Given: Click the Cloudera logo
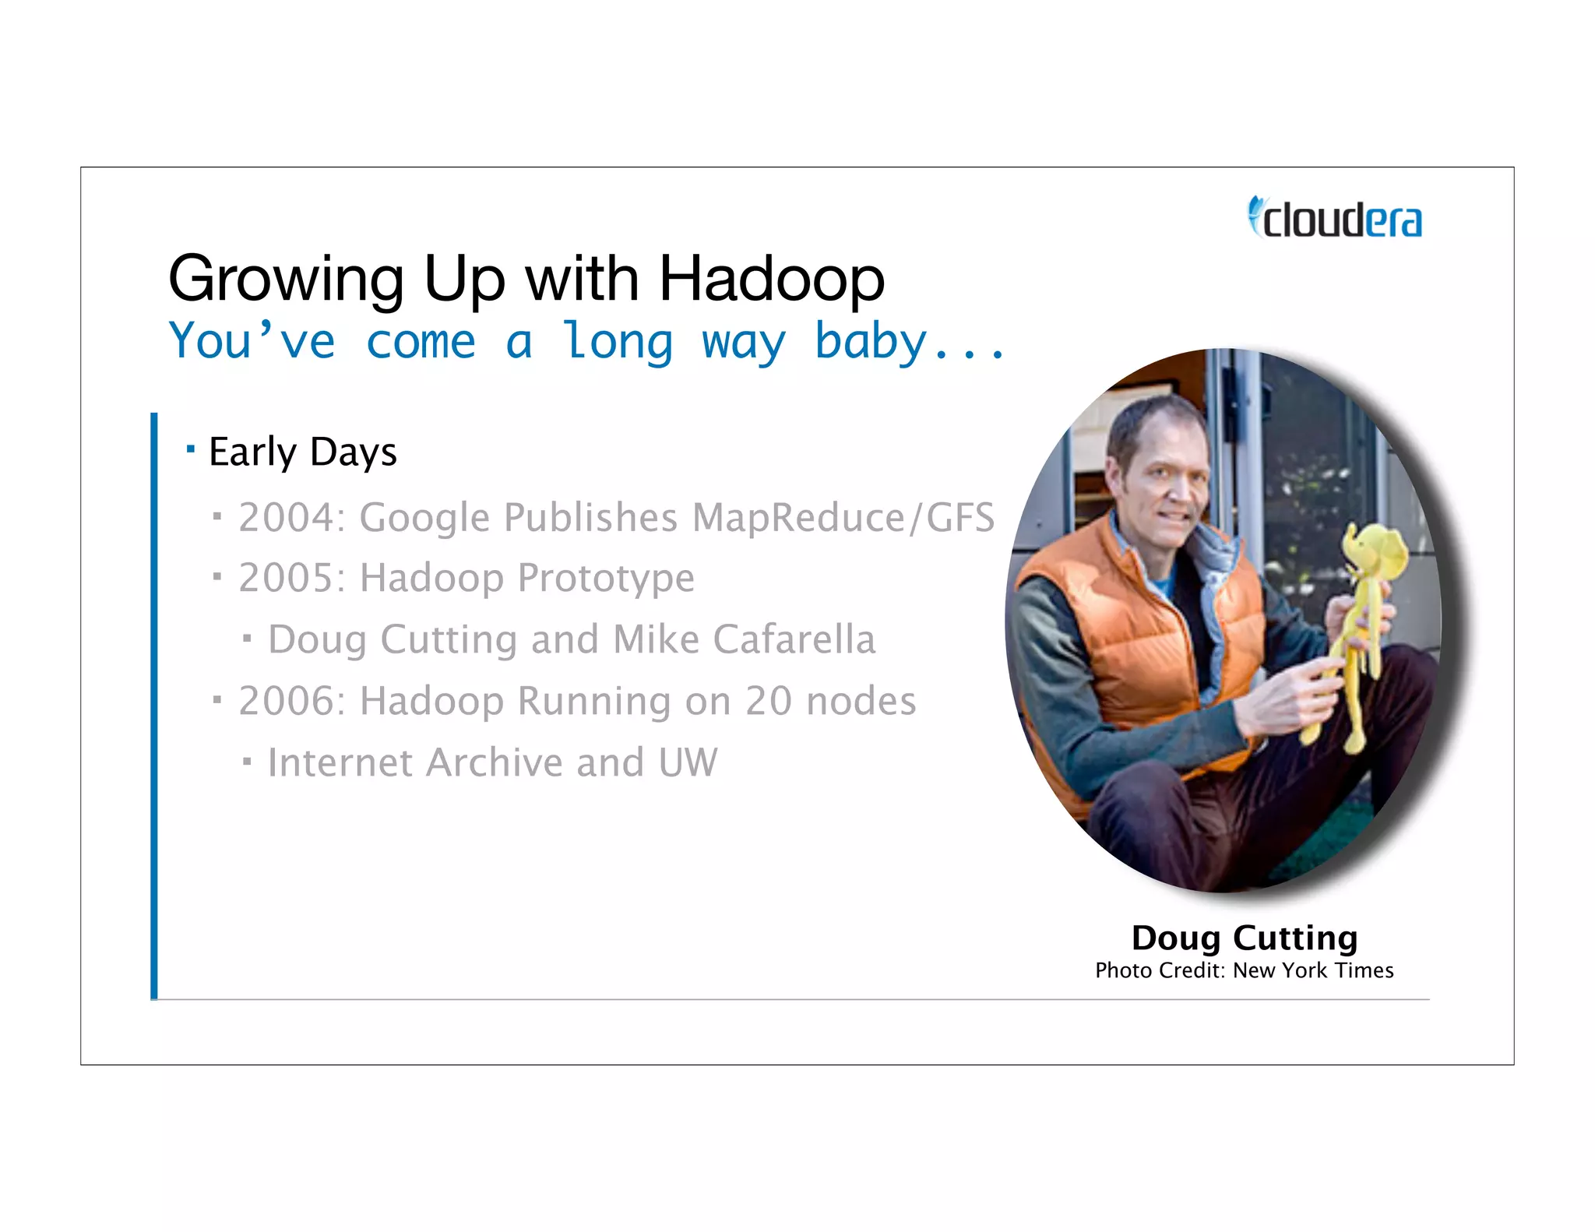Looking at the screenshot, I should point(1335,218).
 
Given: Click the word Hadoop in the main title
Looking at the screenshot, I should point(771,279).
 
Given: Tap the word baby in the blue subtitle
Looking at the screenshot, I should point(871,341).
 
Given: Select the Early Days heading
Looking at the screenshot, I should point(303,452).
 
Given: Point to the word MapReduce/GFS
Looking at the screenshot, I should point(843,517).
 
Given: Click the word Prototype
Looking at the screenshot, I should point(606,578).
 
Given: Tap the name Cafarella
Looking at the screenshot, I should point(794,639).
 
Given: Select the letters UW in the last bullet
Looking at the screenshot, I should point(688,762).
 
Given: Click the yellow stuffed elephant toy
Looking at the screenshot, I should point(1359,615).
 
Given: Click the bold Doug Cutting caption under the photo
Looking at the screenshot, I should point(1245,938).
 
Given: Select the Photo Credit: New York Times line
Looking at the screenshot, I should point(1245,970).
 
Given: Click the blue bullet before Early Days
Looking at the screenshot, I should point(191,449).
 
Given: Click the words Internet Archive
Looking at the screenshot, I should point(415,762).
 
